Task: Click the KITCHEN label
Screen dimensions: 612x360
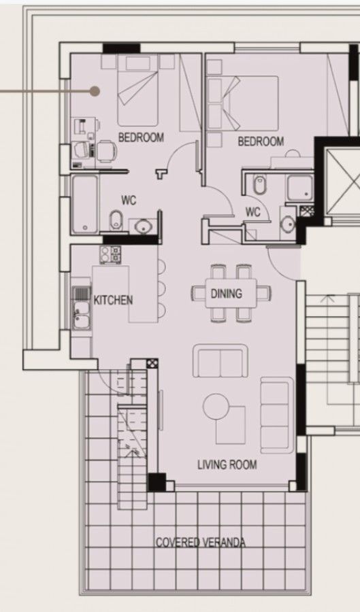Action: tap(113, 300)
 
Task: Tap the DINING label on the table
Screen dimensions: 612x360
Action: tap(227, 294)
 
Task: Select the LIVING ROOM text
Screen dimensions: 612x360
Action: tap(227, 465)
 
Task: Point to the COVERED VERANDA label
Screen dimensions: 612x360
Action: tap(201, 543)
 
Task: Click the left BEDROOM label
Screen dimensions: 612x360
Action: tap(141, 137)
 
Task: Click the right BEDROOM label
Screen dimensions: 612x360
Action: tap(261, 141)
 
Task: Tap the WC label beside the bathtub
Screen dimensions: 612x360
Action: tap(129, 201)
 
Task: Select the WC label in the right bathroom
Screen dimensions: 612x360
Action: tap(253, 212)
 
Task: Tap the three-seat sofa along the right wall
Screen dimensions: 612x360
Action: tap(276, 416)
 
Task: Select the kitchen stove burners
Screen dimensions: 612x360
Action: tap(110, 255)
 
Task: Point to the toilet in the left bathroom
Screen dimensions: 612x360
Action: tap(116, 219)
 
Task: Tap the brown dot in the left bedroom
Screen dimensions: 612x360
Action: tap(95, 90)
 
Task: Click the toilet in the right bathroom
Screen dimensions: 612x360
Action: tap(259, 184)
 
